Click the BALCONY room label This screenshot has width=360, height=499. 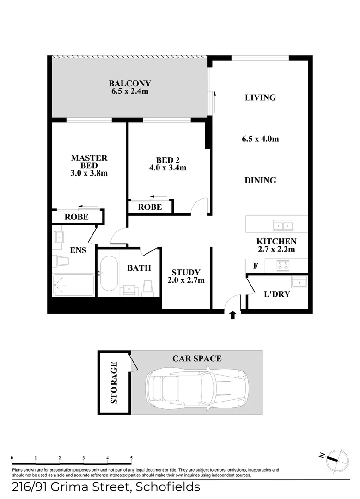coord(130,84)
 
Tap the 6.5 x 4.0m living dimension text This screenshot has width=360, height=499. coord(260,139)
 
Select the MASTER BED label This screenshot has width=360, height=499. coord(89,161)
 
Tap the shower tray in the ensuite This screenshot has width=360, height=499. coord(74,286)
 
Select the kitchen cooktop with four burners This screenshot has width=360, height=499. coord(282,266)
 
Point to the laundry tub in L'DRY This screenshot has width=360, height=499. coord(299,282)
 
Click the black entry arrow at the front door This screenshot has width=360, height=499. coord(232,315)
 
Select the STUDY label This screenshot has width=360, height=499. coord(185,272)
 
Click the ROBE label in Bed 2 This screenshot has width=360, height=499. coord(150,207)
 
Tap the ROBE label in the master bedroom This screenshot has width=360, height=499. coord(76,217)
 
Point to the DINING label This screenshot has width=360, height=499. coord(260,181)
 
